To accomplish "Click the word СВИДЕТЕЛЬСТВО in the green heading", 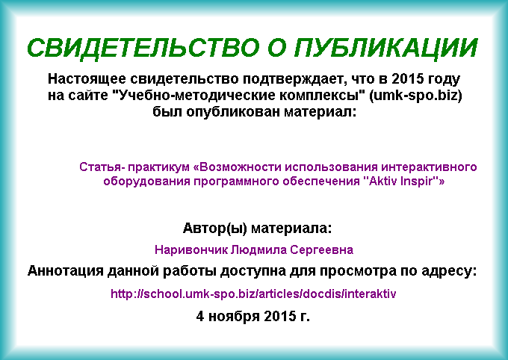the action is tap(143, 48).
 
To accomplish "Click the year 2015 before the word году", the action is tap(408, 78).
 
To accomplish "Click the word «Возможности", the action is tap(237, 167).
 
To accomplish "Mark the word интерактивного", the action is tap(429, 167).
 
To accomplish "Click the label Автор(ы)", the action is tap(215, 229).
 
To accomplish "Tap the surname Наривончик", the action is tap(191, 249).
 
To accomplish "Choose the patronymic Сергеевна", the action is tap(321, 249).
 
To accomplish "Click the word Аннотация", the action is tap(66, 271).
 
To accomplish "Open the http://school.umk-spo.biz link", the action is tap(253, 294).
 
